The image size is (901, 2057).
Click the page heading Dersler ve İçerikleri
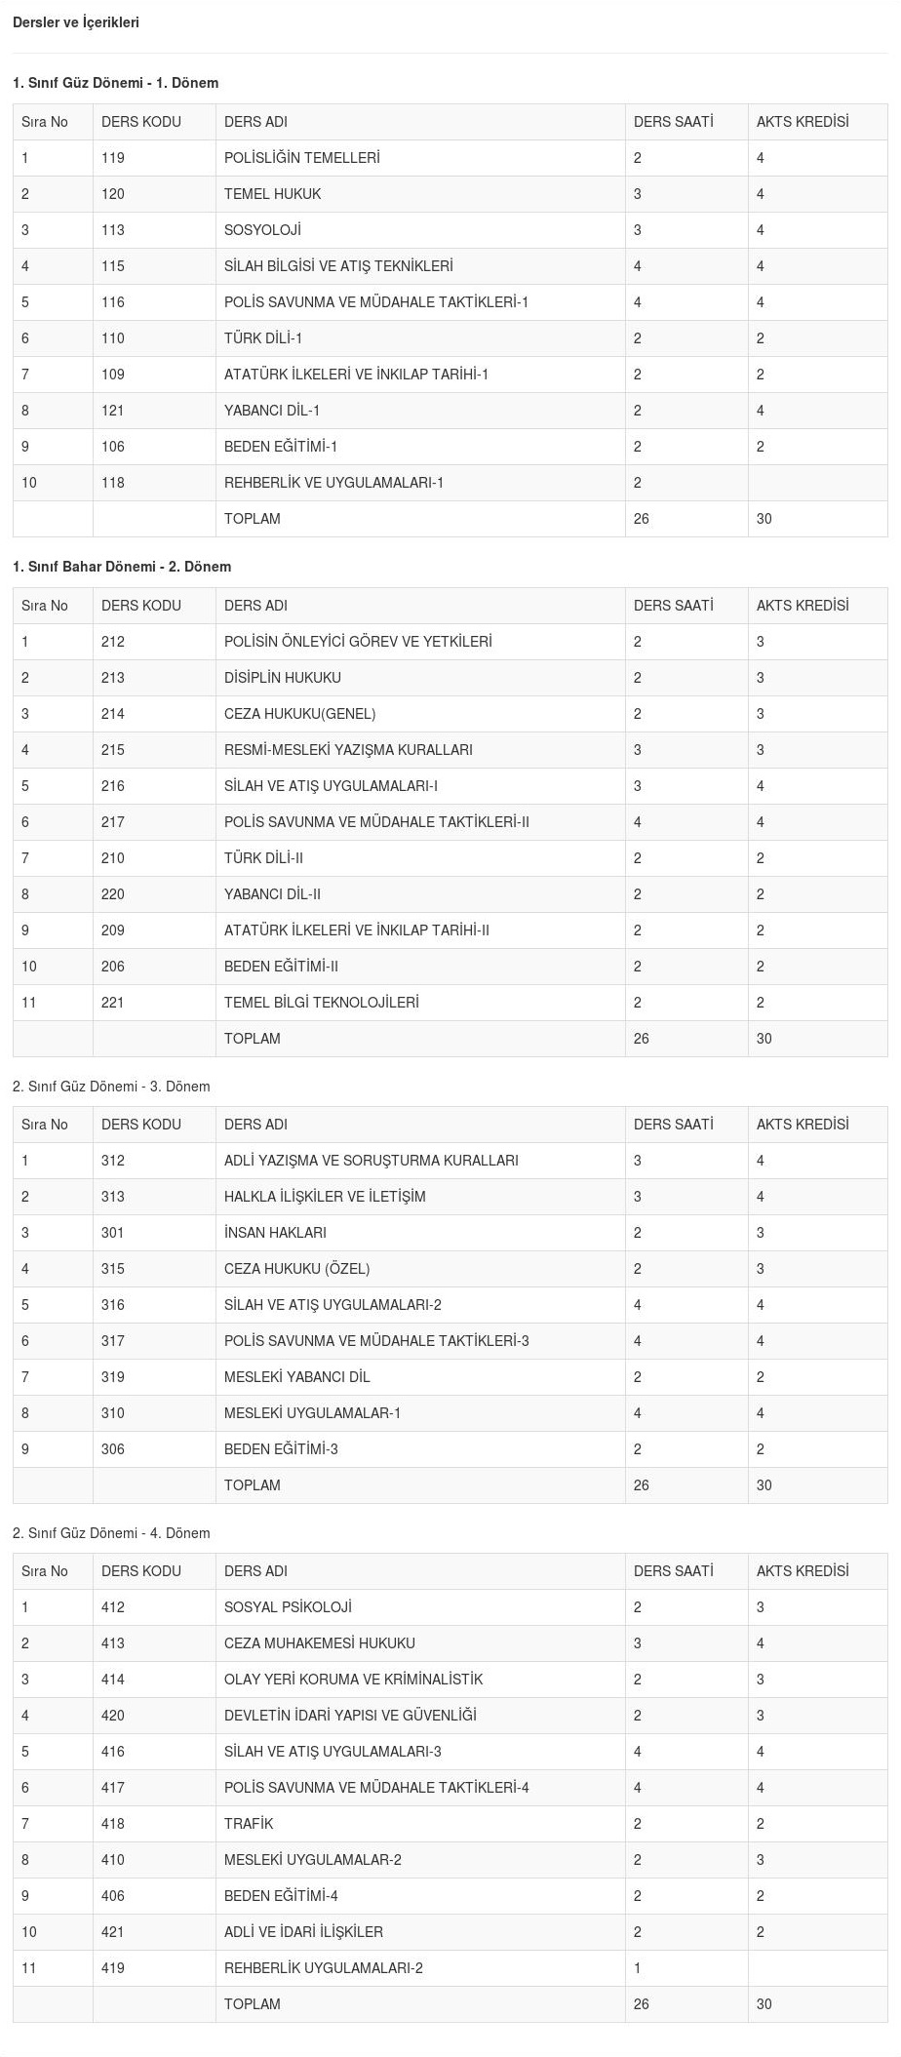pos(76,22)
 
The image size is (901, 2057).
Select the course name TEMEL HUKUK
pos(272,194)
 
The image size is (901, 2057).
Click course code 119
pos(113,158)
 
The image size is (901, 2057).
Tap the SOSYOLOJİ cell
pos(262,230)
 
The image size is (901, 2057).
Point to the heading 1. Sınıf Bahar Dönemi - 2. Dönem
pos(122,567)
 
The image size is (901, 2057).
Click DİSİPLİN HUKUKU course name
pos(283,678)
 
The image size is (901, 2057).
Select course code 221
pos(113,1003)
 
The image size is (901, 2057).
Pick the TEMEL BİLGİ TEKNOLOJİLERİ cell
pos(321,1003)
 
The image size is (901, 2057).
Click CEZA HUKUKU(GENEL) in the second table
pos(299,714)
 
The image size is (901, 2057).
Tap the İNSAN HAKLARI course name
pos(275,1233)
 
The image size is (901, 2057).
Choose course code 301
pos(113,1233)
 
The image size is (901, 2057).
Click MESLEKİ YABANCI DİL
pos(296,1377)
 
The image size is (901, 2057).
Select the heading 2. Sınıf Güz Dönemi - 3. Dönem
pos(111,1087)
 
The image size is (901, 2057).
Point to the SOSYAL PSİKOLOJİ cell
pos(288,1607)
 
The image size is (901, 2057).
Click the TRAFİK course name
pos(249,1824)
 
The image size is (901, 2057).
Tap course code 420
pos(113,1716)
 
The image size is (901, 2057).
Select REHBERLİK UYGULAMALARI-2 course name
pos(324,1968)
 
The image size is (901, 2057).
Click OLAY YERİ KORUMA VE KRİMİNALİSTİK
pos(353,1680)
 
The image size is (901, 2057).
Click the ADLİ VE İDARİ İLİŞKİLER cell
pos(303,1932)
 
